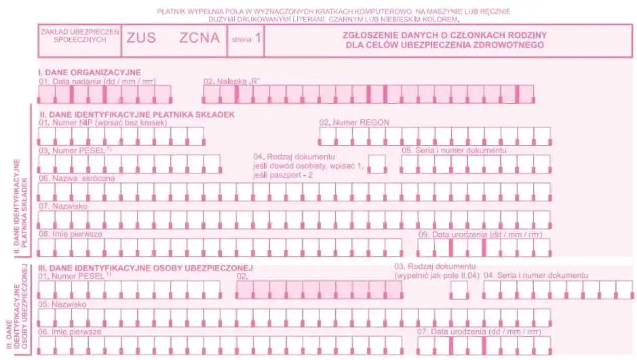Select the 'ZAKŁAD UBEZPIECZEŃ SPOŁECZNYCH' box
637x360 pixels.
pos(80,37)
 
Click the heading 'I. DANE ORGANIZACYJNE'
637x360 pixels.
pos(89,72)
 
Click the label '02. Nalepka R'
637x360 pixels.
pos(232,81)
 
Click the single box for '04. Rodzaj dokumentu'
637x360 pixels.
pos(377,163)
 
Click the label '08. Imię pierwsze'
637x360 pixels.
pos(71,233)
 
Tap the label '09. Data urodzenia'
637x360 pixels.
pos(480,235)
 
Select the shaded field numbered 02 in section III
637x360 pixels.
pos(319,289)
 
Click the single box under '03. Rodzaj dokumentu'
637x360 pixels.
pos(459,290)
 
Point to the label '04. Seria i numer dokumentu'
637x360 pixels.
pos(535,276)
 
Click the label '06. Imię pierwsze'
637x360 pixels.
pos(70,332)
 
